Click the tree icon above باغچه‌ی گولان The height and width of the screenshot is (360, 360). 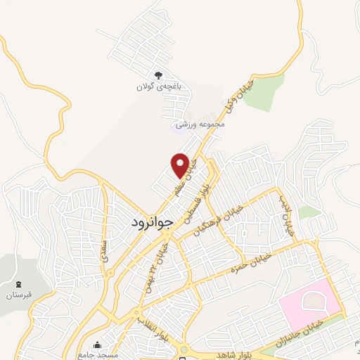click(158, 75)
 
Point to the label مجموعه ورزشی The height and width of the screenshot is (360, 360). click(201, 124)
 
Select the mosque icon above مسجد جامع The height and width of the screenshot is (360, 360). click(98, 345)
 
